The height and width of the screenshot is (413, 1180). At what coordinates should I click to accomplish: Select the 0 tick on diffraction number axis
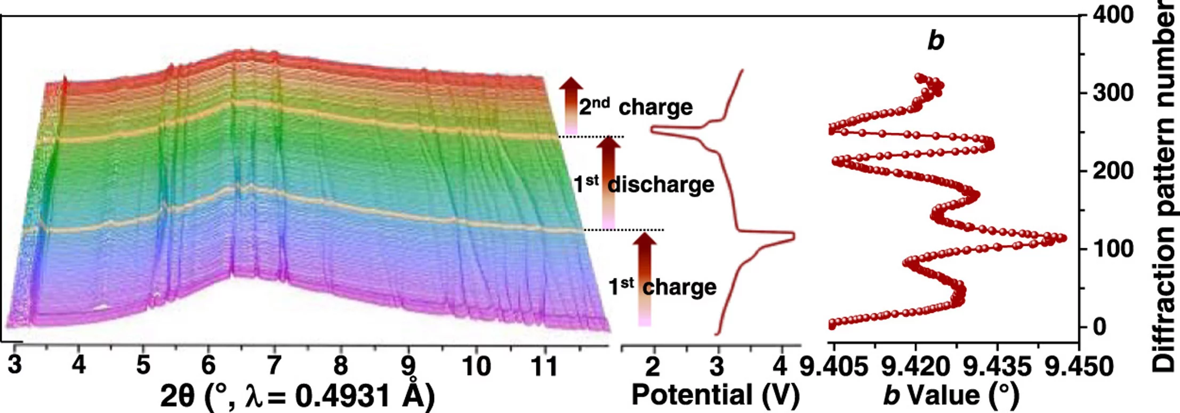(x=1099, y=327)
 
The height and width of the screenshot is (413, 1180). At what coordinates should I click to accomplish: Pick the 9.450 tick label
(x=1079, y=367)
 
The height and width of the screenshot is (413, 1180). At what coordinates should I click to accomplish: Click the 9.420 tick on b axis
(x=916, y=367)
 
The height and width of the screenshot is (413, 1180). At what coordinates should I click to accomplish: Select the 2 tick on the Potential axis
(x=653, y=366)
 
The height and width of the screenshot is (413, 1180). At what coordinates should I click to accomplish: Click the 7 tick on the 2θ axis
(x=274, y=366)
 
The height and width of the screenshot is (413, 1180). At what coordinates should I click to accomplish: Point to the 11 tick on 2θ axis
(x=544, y=366)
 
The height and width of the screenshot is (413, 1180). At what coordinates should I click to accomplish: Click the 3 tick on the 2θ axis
(x=15, y=366)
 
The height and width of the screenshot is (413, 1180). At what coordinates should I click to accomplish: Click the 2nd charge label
(x=636, y=107)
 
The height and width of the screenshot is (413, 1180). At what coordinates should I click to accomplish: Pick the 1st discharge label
(x=644, y=184)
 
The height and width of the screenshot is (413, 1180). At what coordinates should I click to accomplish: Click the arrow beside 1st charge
(x=644, y=277)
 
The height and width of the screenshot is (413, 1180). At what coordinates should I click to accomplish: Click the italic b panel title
(x=935, y=40)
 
